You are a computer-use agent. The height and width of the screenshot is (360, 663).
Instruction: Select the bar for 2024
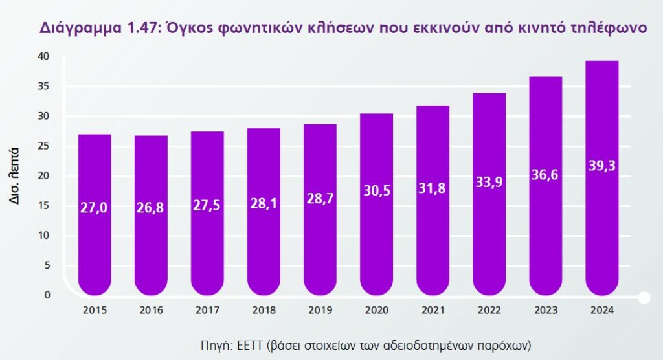point(602,181)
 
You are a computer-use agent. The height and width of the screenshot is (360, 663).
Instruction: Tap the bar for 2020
point(376,207)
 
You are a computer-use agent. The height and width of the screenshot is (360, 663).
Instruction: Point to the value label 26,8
point(151,207)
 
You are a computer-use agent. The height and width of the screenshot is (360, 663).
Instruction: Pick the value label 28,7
point(320,199)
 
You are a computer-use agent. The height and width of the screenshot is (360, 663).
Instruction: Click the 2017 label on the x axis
point(207,310)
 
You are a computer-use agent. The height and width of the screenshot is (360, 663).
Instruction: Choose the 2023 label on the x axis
point(546,310)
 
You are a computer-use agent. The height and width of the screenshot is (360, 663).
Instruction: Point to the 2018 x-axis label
point(264,310)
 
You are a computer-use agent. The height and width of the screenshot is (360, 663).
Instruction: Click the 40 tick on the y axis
point(43,56)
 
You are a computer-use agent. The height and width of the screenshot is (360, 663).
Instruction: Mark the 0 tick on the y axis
point(47,295)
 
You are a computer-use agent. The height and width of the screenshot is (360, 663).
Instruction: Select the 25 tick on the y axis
point(43,146)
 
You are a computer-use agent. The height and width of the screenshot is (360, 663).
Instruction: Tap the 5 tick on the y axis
point(47,265)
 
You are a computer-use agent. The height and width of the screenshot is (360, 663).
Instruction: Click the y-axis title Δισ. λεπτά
point(14,177)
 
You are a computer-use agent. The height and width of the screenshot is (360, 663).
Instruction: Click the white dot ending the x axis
point(644,298)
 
